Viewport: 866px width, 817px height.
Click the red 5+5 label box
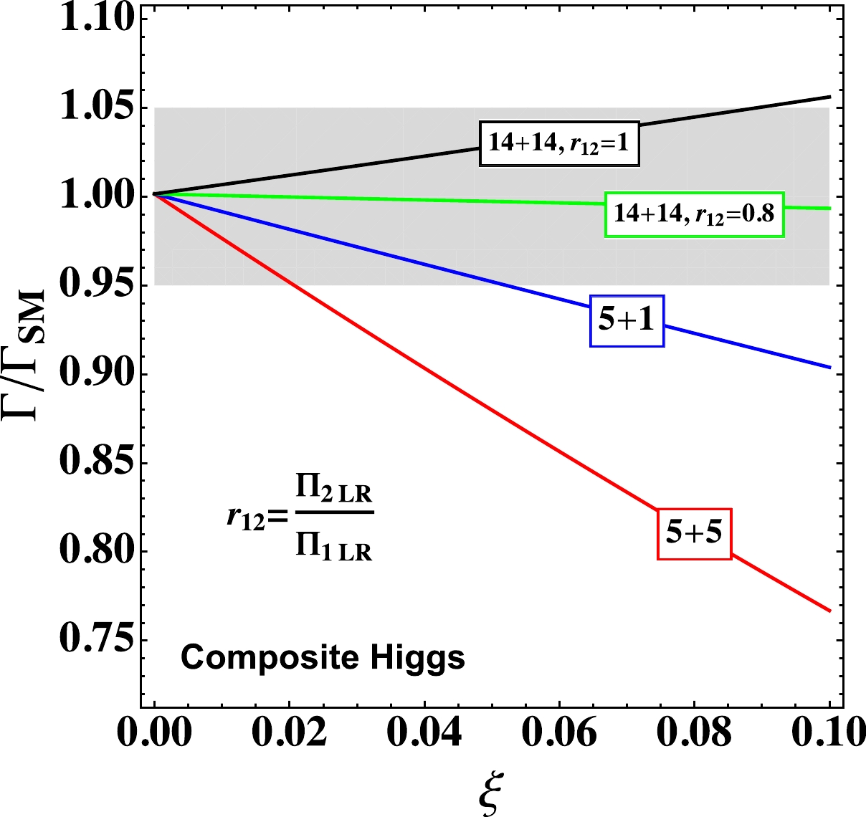click(x=694, y=533)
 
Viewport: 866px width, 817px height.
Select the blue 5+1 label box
click(x=627, y=320)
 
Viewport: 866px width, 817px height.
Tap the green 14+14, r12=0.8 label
click(x=694, y=214)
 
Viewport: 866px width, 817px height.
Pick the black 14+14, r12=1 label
click(x=558, y=143)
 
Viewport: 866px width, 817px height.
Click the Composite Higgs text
click(x=323, y=657)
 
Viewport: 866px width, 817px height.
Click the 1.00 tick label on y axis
click(x=97, y=196)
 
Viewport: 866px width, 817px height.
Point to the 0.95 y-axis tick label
click(x=97, y=285)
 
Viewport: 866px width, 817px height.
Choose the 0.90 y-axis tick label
click(x=97, y=373)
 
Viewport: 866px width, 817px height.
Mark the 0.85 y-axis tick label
click(x=97, y=462)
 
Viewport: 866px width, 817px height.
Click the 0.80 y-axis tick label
click(x=97, y=551)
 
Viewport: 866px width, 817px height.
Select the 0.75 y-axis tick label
click(x=97, y=639)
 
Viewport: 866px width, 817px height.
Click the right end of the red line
click(x=829, y=611)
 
